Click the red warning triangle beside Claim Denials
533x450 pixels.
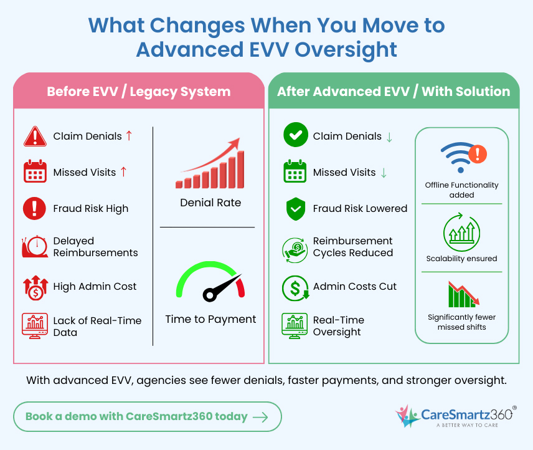35,136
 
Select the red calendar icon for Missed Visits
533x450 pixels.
35,172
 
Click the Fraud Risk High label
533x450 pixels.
91,209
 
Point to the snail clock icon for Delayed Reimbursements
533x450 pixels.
35,247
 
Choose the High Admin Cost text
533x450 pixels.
95,287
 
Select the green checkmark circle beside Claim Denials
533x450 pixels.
295,136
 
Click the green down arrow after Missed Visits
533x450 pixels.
383,173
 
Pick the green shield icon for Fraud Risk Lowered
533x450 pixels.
295,209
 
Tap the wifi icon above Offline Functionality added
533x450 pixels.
458,156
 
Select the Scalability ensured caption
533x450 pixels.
461,259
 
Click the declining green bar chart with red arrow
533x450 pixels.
462,294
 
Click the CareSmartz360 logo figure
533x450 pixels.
407,416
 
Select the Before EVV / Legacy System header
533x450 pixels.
138,92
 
